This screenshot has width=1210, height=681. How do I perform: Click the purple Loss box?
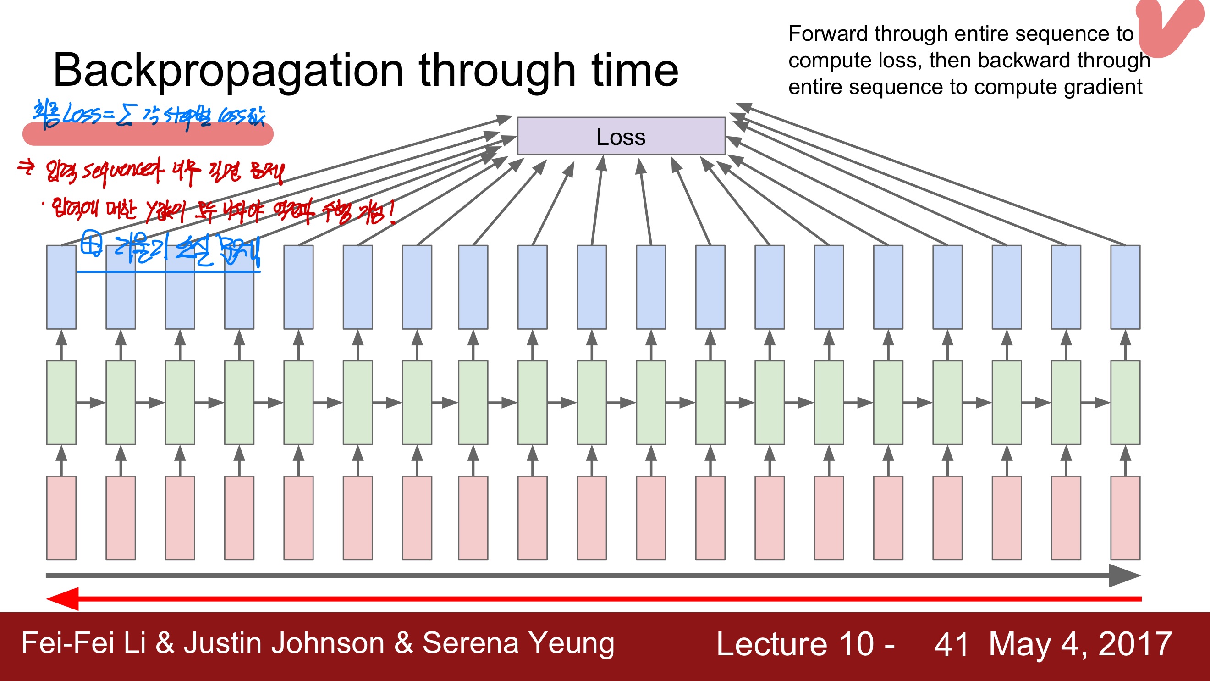621,136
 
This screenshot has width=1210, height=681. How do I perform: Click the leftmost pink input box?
61,517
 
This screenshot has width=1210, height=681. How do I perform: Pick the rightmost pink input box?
1125,517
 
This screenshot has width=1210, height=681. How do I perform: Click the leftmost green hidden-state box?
61,402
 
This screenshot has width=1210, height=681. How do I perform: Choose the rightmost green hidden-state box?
1125,402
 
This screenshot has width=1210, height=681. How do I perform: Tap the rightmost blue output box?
1125,287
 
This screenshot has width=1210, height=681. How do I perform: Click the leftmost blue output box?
61,287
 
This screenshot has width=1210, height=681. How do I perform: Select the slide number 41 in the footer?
951,643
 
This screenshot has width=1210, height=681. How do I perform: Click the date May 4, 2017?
1080,643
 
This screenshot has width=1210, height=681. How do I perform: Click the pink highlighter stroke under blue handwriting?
148,135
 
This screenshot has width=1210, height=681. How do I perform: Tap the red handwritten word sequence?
122,172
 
